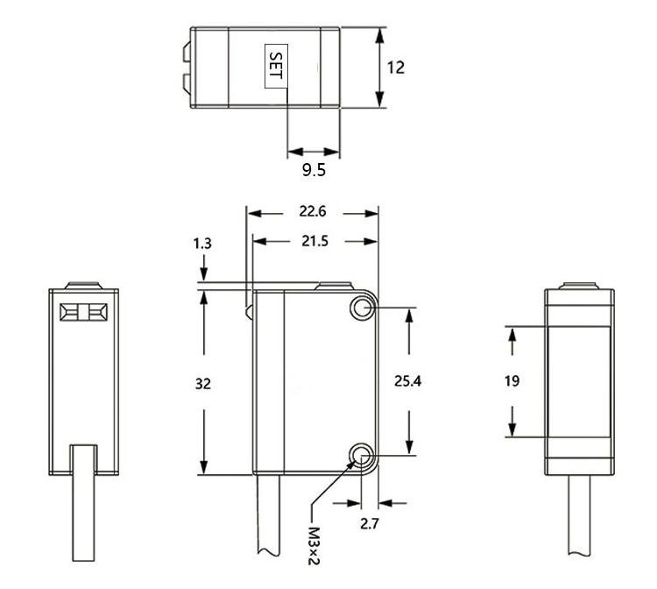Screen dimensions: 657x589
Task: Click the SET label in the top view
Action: point(277,66)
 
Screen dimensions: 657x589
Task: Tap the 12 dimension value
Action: point(396,67)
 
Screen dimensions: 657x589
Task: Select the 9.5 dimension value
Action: point(314,170)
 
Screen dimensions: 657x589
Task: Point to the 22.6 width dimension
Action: point(313,211)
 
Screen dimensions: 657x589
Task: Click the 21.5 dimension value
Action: point(315,241)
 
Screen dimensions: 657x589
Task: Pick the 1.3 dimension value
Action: point(202,243)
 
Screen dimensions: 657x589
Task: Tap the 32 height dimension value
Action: point(203,384)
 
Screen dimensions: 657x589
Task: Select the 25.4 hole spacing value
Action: point(407,380)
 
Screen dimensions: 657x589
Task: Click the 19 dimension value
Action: point(512,380)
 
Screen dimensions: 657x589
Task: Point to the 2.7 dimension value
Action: point(369,523)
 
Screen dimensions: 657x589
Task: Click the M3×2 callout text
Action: point(314,545)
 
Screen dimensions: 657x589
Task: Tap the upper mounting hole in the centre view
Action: point(362,309)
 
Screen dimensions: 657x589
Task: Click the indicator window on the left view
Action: point(83,312)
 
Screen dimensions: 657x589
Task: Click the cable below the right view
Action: point(579,515)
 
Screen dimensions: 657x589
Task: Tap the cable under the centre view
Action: point(268,514)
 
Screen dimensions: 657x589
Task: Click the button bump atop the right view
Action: point(580,286)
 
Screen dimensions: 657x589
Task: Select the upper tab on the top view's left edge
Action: point(187,52)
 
